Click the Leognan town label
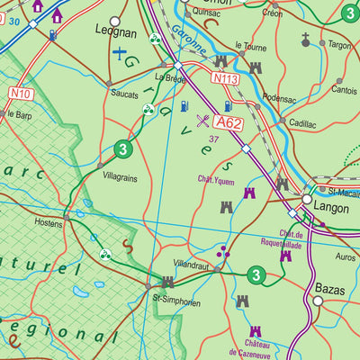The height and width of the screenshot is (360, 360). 116,32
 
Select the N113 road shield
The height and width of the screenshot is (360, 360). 225,79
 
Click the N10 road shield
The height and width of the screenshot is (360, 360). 21,93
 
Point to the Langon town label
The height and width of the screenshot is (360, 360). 332,206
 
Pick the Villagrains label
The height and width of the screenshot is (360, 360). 120,178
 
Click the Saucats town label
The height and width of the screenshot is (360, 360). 124,94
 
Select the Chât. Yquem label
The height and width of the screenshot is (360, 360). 216,178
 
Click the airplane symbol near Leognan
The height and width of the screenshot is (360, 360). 120,53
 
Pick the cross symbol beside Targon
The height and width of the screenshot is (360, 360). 306,40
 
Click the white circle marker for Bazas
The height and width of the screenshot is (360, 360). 316,301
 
